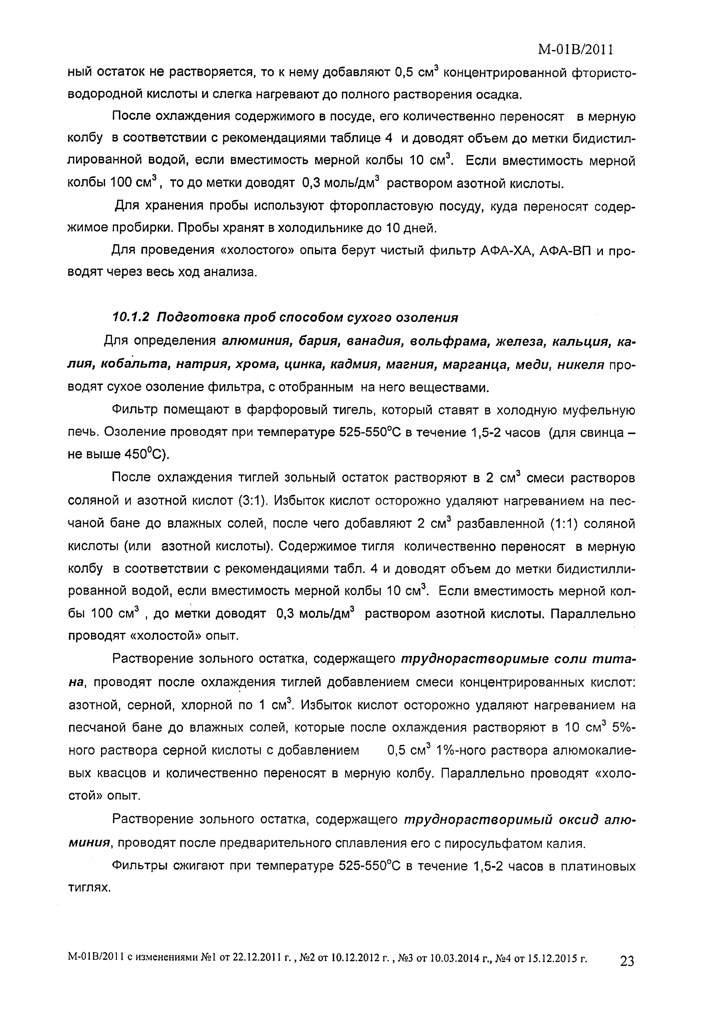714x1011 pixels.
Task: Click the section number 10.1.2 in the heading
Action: (x=132, y=318)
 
